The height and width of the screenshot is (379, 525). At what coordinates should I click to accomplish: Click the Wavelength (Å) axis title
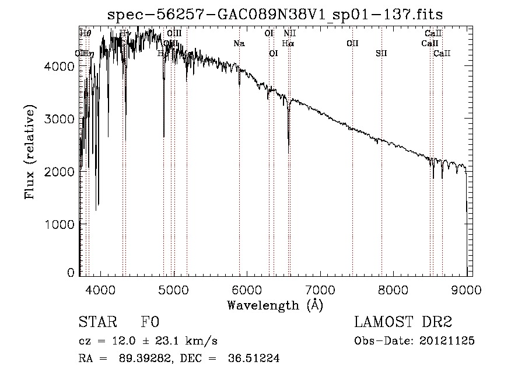click(x=275, y=305)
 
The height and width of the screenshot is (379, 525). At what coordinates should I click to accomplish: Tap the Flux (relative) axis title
click(x=30, y=153)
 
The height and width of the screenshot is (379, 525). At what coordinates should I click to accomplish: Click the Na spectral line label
click(x=239, y=44)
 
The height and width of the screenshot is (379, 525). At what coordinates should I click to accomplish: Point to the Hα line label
click(x=288, y=44)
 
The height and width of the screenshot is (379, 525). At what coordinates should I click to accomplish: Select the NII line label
click(x=290, y=34)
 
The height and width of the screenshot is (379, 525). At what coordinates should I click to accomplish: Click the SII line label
click(x=381, y=54)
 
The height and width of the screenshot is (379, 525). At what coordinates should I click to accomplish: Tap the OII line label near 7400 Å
click(x=352, y=44)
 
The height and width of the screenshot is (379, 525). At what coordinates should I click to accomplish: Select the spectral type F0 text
click(x=150, y=323)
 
